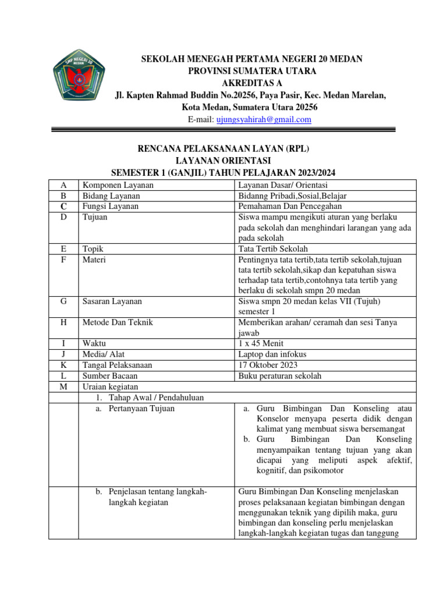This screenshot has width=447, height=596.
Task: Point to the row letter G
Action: tap(63, 301)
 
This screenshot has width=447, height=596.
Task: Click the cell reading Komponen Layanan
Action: tap(118, 185)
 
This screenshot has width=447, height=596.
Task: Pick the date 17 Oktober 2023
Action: tap(268, 365)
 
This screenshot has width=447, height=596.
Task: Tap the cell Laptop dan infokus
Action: tap(272, 354)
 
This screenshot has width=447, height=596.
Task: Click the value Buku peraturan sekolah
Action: tap(280, 375)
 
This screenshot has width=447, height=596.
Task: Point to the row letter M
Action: tap(63, 386)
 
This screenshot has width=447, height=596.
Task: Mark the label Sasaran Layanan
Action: tap(112, 301)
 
